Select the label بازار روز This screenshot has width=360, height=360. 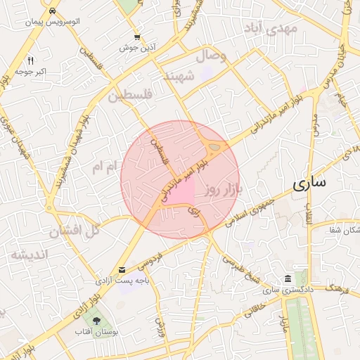click(x=224, y=189)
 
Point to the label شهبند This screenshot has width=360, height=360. click(x=178, y=76)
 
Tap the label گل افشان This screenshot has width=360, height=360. click(x=74, y=231)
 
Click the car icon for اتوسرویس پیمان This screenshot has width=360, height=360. click(x=53, y=12)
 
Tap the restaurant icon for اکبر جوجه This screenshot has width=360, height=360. click(x=30, y=61)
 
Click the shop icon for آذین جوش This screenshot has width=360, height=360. click(x=137, y=37)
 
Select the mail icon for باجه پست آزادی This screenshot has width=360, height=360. click(x=123, y=270)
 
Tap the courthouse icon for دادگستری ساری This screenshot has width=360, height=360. click(x=287, y=278)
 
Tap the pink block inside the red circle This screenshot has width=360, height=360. click(x=181, y=191)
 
